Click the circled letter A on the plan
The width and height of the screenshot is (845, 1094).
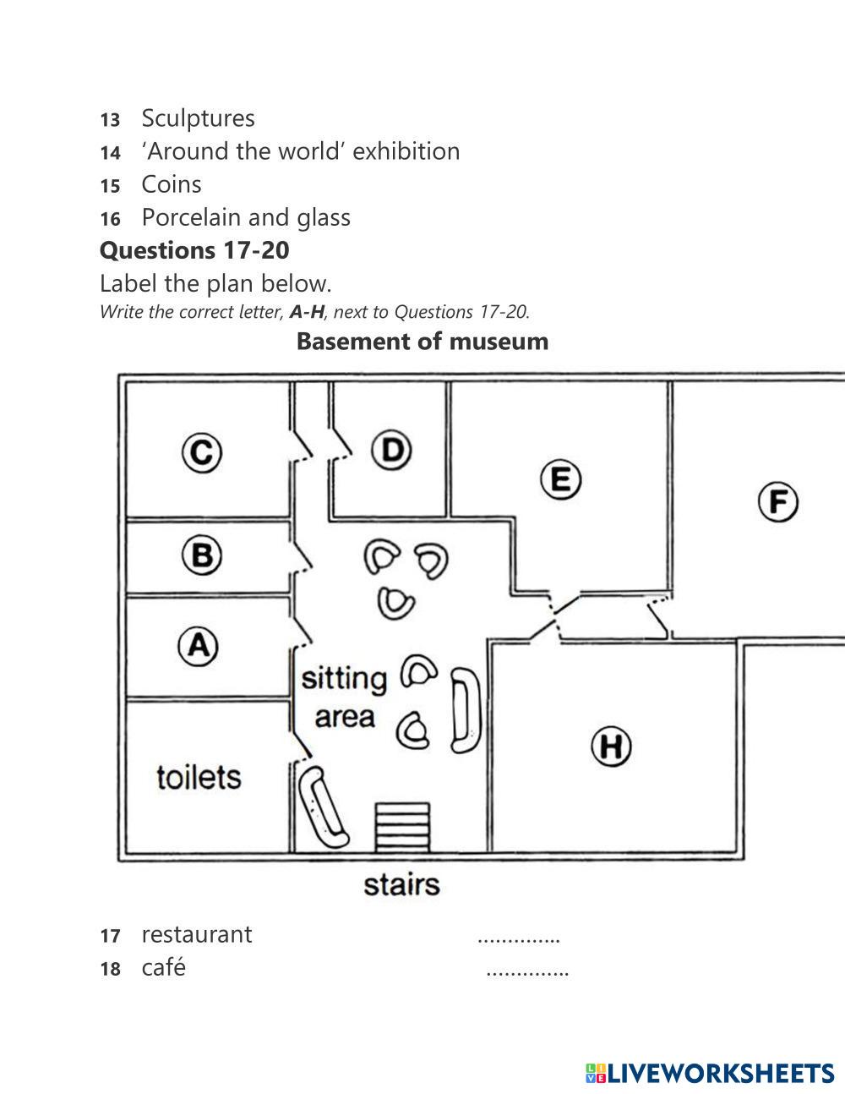pyautogui.click(x=198, y=647)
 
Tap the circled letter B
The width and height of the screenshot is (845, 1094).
pyautogui.click(x=202, y=555)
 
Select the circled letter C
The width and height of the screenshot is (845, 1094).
pyautogui.click(x=202, y=452)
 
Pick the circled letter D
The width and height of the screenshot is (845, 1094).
pyautogui.click(x=391, y=451)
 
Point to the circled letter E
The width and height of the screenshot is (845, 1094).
pyautogui.click(x=560, y=480)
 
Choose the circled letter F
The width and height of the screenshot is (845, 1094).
pyautogui.click(x=777, y=503)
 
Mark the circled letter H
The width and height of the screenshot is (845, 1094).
pyautogui.click(x=611, y=747)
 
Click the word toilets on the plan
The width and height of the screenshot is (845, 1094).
pyautogui.click(x=199, y=776)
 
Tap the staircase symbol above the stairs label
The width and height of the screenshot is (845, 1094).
pyautogui.click(x=402, y=827)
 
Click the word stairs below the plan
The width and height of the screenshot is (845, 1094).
pyautogui.click(x=401, y=884)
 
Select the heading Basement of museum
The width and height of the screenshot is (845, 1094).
pyautogui.click(x=422, y=342)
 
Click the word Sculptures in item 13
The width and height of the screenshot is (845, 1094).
pyautogui.click(x=198, y=118)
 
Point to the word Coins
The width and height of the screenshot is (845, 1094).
pyautogui.click(x=172, y=184)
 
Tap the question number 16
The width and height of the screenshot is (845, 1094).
pyautogui.click(x=110, y=219)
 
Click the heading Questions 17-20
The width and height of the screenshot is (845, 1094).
pyautogui.click(x=194, y=250)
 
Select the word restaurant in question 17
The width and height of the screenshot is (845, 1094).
pyautogui.click(x=196, y=934)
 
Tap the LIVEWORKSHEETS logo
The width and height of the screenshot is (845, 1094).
pyautogui.click(x=709, y=1073)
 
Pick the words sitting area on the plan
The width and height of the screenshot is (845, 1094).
pyautogui.click(x=345, y=697)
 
